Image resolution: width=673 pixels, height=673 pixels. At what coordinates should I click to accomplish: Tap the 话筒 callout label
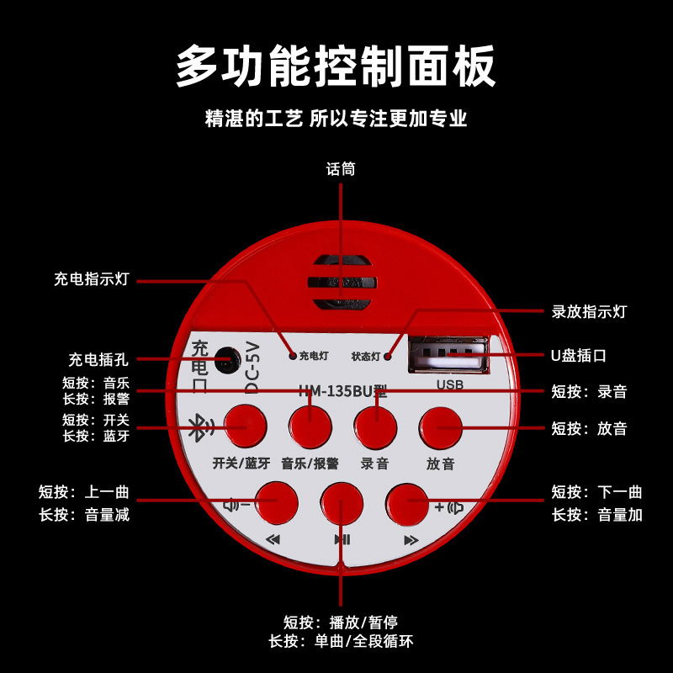pyautogui.click(x=341, y=169)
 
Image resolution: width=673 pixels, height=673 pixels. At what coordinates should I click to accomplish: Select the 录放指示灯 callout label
pyautogui.click(x=589, y=312)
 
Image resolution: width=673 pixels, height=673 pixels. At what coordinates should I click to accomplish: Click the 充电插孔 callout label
pyautogui.click(x=98, y=360)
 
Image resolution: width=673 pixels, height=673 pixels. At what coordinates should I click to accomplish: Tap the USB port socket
pyautogui.click(x=447, y=354)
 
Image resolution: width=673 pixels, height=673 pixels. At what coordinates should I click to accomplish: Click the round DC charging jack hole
pyautogui.click(x=225, y=360)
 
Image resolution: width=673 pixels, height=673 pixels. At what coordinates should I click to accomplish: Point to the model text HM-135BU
pyautogui.click(x=337, y=390)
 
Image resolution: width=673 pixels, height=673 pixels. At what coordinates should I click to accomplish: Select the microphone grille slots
pyautogui.click(x=341, y=282)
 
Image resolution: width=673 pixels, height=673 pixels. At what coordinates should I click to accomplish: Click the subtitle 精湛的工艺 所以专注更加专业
pyautogui.click(x=336, y=119)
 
